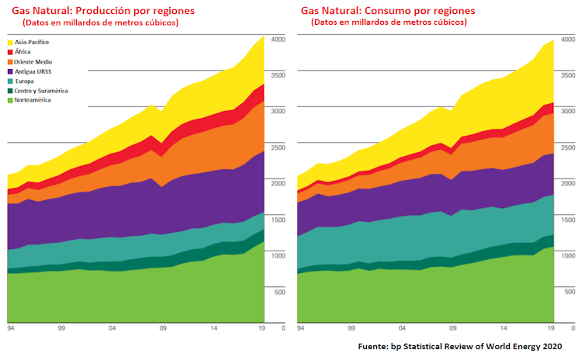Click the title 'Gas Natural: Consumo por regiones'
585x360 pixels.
[388, 10]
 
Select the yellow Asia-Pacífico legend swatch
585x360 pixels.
[11, 41]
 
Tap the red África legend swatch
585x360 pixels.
[11, 51]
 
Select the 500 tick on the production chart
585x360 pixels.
[280, 291]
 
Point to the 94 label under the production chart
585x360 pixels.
[10, 329]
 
